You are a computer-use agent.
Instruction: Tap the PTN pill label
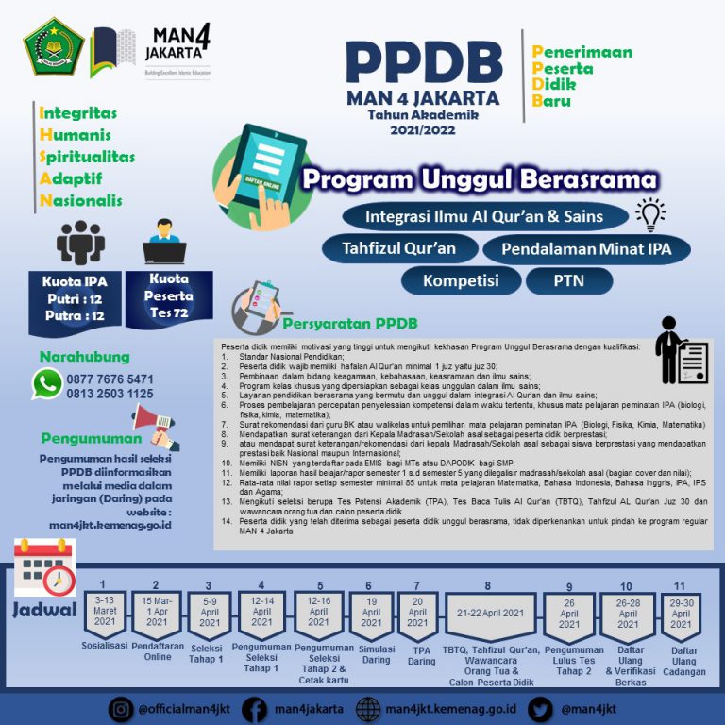click(569, 280)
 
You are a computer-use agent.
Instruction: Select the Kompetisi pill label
click(460, 280)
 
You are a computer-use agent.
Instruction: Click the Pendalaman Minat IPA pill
click(586, 249)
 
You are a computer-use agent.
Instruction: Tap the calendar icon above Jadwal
click(43, 566)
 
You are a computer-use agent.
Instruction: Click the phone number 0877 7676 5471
click(110, 379)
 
